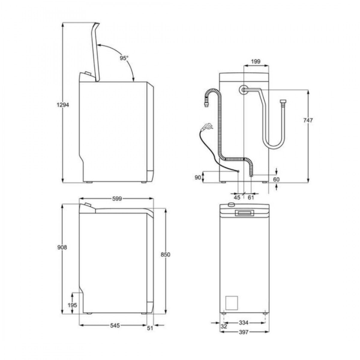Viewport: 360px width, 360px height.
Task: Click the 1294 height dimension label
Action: click(63, 105)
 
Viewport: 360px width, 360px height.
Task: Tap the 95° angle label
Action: click(124, 58)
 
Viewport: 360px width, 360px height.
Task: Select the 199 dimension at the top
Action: click(256, 61)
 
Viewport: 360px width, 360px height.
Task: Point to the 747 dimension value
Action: click(308, 121)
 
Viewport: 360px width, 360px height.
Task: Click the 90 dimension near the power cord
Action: click(198, 178)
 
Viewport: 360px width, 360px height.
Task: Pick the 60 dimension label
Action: click(276, 179)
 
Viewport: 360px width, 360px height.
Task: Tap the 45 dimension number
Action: click(237, 197)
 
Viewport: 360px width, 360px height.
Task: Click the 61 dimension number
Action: click(250, 197)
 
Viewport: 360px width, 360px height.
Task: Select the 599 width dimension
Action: click(117, 199)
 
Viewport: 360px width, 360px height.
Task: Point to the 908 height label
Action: click(62, 247)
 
